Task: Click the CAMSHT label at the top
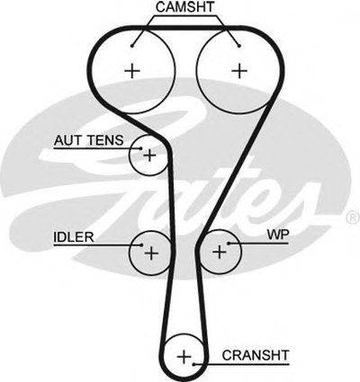[x=184, y=8]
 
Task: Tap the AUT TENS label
[x=89, y=140]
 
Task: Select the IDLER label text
[x=74, y=237]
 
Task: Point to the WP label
[x=278, y=235]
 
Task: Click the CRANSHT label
[x=256, y=355]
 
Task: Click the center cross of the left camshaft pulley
[x=132, y=71]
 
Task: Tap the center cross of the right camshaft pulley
[x=239, y=71]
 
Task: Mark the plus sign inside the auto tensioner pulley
[x=149, y=155]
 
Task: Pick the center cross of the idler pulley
[x=151, y=253]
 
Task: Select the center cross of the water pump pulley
[x=220, y=252]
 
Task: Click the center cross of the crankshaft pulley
[x=184, y=357]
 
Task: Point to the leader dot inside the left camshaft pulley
[x=132, y=46]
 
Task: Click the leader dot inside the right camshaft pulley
[x=239, y=46]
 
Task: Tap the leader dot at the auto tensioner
[x=141, y=148]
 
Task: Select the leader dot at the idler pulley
[x=141, y=245]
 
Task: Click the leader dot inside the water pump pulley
[x=229, y=244]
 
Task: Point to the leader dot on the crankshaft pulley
[x=194, y=364]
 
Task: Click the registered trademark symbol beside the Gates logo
[x=353, y=218]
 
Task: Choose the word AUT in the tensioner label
[x=68, y=140]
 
